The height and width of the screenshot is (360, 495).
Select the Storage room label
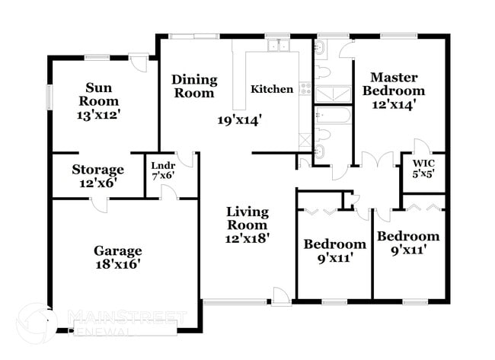98,169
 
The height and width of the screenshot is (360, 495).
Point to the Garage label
117,250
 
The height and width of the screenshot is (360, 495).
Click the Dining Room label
194,86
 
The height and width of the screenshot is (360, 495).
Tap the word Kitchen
272,89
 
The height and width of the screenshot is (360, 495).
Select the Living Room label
247,218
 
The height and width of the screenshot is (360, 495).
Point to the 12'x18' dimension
247,237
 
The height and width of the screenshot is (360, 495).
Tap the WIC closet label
423,162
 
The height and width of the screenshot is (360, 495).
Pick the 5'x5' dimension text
423,174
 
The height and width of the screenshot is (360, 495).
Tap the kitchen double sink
277,46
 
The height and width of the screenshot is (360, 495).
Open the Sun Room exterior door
138,61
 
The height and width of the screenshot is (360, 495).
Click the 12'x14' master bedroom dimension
393,106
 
